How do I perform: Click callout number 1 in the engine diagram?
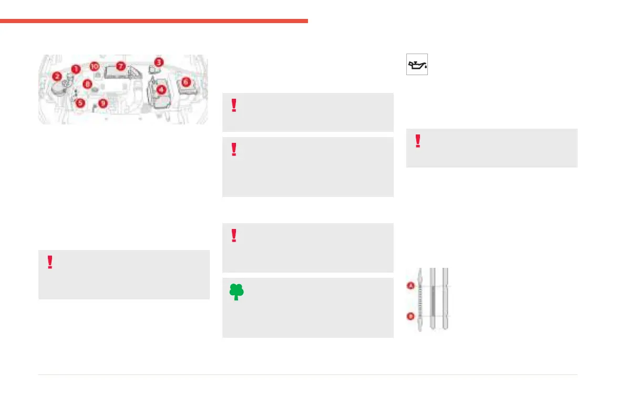click(76, 69)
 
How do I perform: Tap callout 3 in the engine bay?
click(159, 62)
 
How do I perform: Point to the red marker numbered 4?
click(162, 89)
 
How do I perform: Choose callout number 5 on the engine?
click(80, 103)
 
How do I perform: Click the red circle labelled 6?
click(185, 82)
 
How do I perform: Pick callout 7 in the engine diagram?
click(120, 67)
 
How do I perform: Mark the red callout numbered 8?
click(88, 83)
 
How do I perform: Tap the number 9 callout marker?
click(102, 103)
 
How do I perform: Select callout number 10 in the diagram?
click(94, 66)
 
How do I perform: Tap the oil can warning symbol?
click(417, 64)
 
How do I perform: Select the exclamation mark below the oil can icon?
click(418, 141)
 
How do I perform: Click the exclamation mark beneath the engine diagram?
click(50, 262)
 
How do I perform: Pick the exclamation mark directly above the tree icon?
click(234, 236)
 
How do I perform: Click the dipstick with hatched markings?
click(420, 299)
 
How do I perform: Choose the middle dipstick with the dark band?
click(433, 299)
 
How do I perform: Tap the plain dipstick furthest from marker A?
click(445, 299)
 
